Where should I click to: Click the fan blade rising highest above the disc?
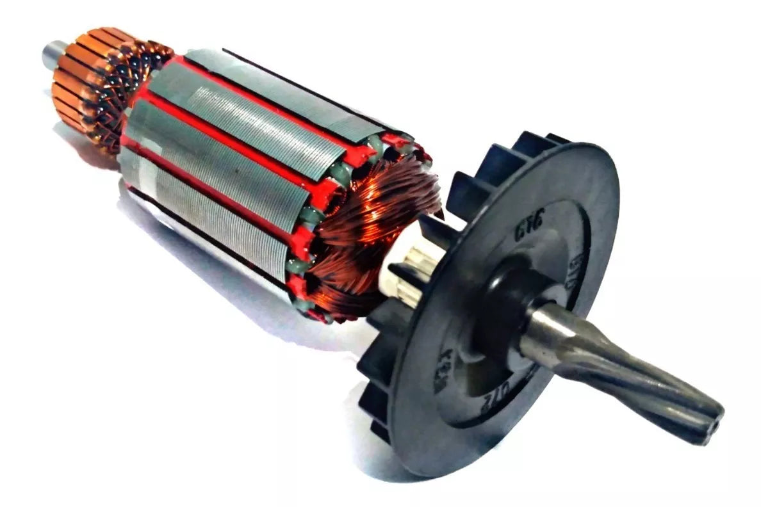click(525, 144)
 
